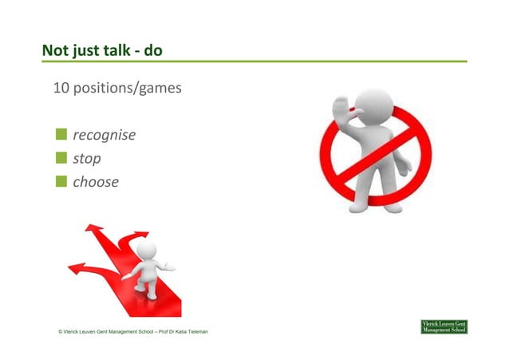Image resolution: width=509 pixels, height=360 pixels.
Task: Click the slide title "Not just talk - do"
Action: (x=103, y=51)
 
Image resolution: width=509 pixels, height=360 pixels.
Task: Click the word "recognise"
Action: (x=104, y=136)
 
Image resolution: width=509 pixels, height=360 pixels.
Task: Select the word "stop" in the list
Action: (x=87, y=159)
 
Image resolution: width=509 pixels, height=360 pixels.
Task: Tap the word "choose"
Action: (x=96, y=182)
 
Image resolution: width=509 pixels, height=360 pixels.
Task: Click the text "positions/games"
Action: (x=128, y=88)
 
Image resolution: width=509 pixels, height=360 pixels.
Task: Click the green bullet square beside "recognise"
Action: (x=61, y=135)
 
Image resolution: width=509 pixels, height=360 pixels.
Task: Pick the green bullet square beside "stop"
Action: (x=61, y=158)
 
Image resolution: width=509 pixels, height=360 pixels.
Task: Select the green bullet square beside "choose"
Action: (x=61, y=181)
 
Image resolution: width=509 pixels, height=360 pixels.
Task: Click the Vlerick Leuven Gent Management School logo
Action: (x=444, y=326)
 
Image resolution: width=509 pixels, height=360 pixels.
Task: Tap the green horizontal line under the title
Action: (x=254, y=62)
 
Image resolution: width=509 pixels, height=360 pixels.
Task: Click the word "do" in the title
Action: (x=153, y=51)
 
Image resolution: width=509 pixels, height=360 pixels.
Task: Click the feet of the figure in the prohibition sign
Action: (x=381, y=206)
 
